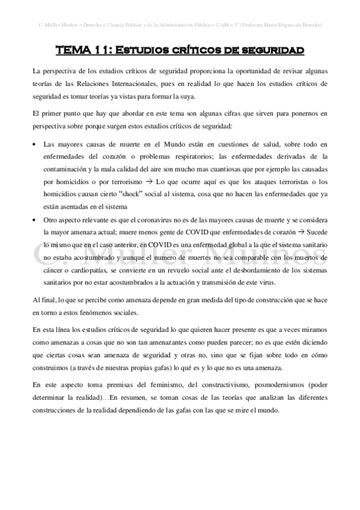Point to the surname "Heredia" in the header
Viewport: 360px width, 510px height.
310,25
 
